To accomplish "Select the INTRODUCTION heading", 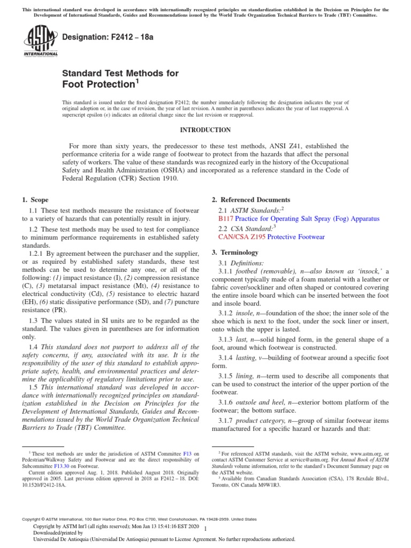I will [x=205, y=130].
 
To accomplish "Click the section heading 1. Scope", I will [x=35, y=200].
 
